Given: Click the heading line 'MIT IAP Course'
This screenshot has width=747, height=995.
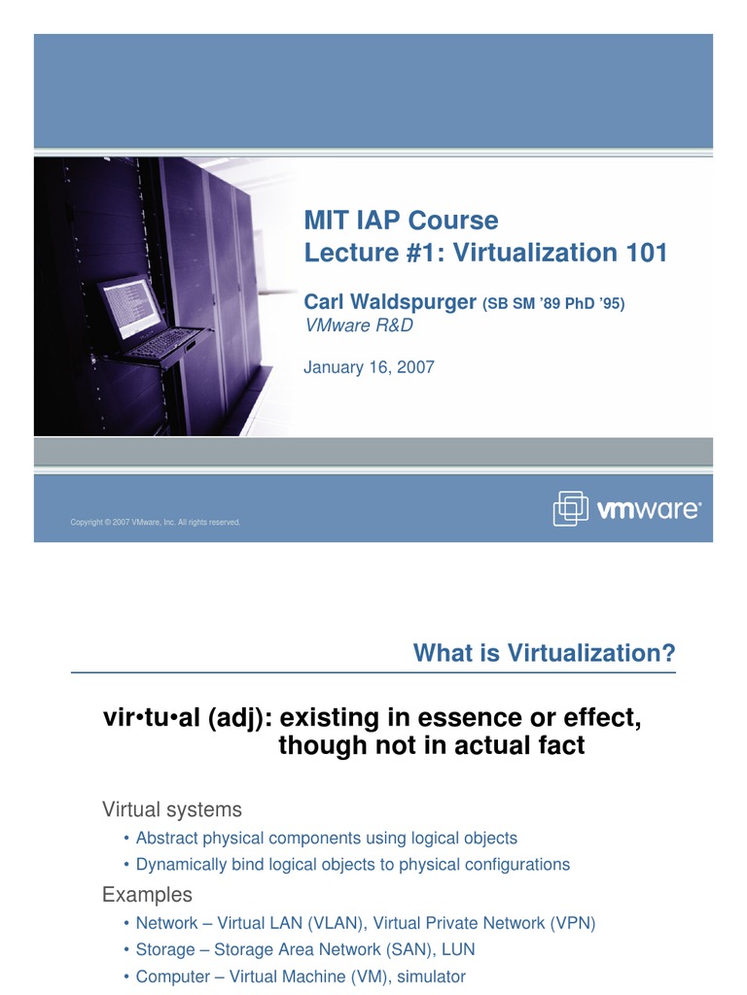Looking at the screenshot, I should click(401, 221).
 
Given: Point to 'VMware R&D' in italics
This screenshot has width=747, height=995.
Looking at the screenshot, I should click(359, 326).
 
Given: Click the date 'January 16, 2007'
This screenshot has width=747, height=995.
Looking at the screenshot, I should click(369, 367).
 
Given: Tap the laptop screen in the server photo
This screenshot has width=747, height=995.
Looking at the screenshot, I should click(128, 307).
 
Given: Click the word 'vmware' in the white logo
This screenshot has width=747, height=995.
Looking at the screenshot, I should click(647, 509).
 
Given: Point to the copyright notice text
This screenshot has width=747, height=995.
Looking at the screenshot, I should click(156, 523).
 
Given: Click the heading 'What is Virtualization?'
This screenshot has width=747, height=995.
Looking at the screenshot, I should click(544, 653).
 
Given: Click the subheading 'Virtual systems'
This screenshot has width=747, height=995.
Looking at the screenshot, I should click(172, 809).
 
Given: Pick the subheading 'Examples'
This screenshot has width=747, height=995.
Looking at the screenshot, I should click(148, 894).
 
